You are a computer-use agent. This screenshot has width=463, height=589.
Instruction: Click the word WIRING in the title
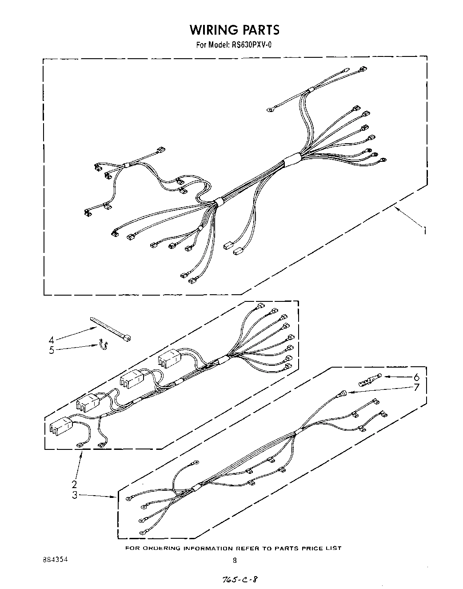tap(214, 30)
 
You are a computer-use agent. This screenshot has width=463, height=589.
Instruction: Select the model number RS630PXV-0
tap(249, 44)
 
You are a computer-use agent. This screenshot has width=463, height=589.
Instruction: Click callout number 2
tap(75, 484)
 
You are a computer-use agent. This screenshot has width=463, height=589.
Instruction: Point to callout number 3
tap(75, 495)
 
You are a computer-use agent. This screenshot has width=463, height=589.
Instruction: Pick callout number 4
tap(52, 341)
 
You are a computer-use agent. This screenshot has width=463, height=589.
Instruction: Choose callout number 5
tap(52, 350)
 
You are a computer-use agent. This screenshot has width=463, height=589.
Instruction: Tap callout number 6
tap(416, 377)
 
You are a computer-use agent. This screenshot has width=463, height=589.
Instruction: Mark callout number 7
tap(416, 387)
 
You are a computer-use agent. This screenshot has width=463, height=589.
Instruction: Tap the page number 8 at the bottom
tap(235, 560)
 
